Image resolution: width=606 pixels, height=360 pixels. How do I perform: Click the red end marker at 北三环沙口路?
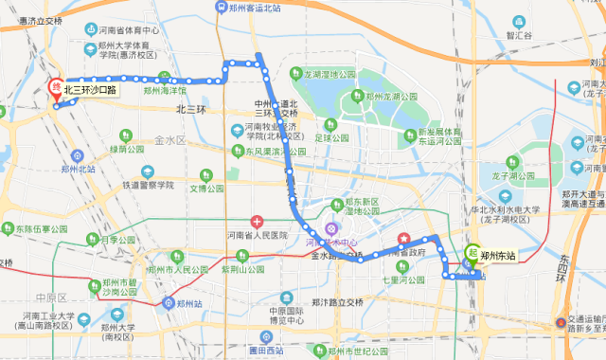(55, 88)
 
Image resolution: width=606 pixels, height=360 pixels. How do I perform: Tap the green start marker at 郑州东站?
(472, 254)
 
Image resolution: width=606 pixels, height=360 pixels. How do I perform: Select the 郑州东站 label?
(498, 255)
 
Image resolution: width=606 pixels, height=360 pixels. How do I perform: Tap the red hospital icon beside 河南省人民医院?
(256, 221)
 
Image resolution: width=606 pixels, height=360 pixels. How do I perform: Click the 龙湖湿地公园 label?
(328, 74)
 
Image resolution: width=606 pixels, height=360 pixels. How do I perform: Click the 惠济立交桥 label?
(33, 19)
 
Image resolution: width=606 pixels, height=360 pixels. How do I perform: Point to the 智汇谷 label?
(520, 35)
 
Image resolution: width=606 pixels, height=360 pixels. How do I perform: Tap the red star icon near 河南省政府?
(404, 238)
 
